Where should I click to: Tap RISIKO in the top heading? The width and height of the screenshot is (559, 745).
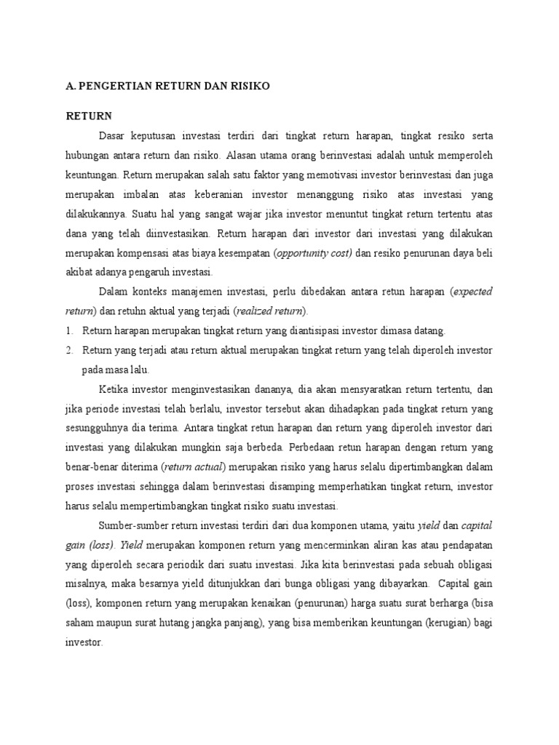tap(250, 86)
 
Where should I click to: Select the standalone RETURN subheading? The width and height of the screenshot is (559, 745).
tap(88, 116)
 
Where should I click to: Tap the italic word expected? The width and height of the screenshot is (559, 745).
tap(473, 291)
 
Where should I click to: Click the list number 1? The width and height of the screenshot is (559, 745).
tap(69, 330)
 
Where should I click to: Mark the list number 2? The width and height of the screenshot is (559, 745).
tap(69, 350)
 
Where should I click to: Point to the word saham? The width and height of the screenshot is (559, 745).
tap(80, 622)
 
